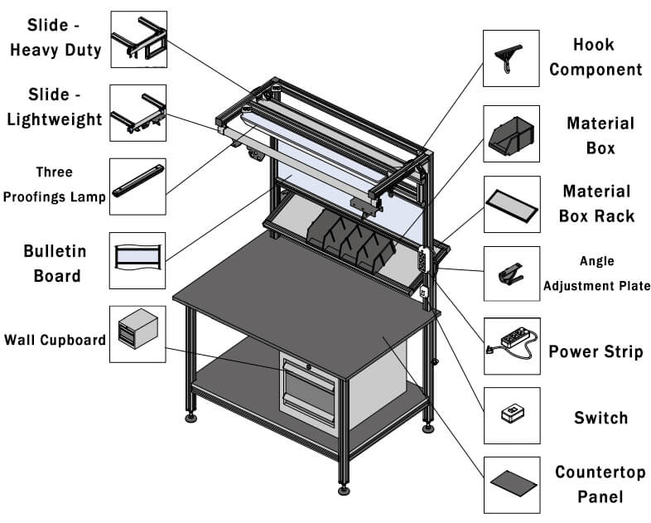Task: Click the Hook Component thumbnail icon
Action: click(x=511, y=59)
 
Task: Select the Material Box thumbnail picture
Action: click(x=511, y=133)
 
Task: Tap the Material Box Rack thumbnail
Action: click(x=511, y=204)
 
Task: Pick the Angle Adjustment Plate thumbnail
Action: click(x=511, y=274)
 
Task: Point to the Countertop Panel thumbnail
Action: click(x=511, y=483)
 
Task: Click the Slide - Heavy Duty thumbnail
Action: click(x=137, y=39)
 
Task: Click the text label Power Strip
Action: click(x=596, y=351)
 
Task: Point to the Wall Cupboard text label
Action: click(x=55, y=340)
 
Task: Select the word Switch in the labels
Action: click(x=600, y=418)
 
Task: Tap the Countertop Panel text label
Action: click(x=599, y=485)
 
